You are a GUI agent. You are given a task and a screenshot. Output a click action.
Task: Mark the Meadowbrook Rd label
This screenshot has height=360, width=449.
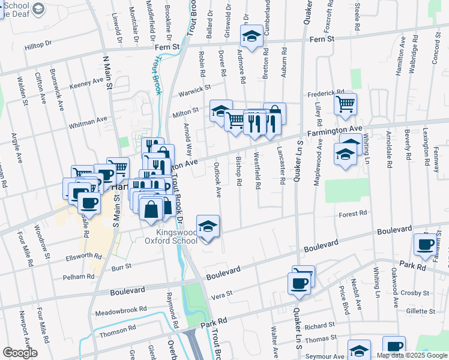coord(121,312)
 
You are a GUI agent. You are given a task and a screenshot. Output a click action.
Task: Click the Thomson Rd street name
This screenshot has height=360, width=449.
coord(116,331)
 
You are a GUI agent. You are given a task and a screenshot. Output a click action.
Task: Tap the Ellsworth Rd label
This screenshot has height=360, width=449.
coord(83,256)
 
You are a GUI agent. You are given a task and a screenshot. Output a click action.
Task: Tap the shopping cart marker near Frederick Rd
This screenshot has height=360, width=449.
coord(345,104)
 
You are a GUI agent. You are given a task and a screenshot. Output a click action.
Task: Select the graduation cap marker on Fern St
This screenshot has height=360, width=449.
coord(252,36)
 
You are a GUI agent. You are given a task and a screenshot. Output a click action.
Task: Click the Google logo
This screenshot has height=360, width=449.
coord(20,353)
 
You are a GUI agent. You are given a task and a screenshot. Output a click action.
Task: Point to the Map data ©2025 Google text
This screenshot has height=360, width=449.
coord(411,355)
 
